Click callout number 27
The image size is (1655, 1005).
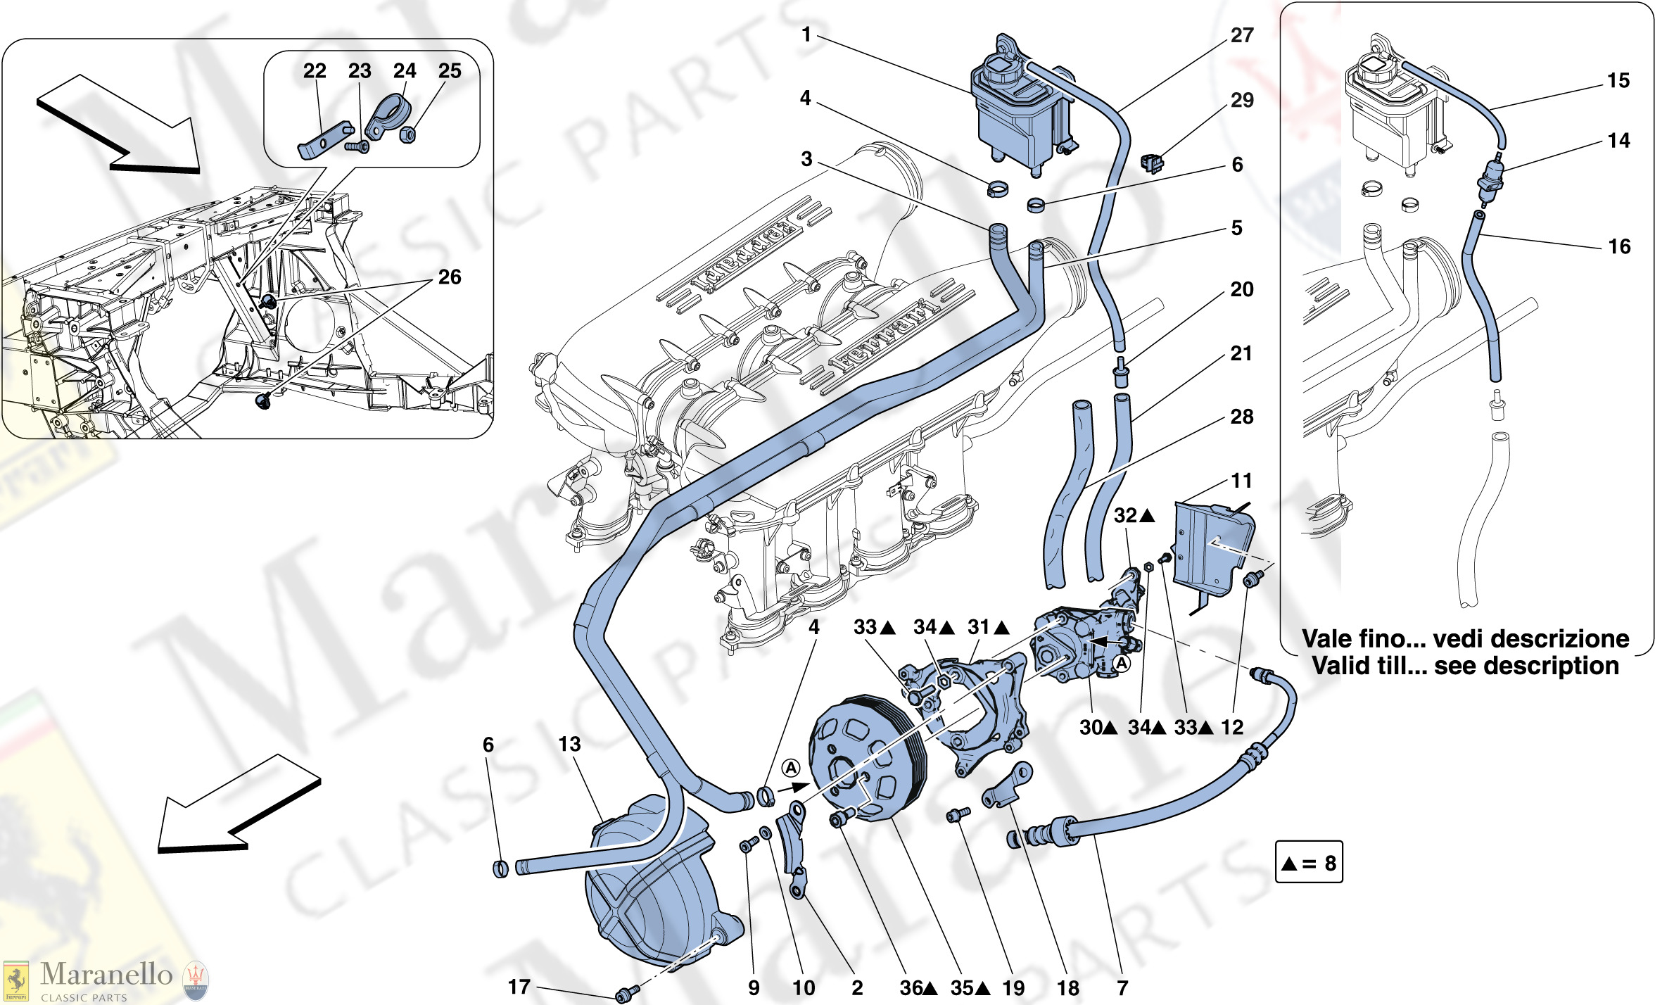point(1241,35)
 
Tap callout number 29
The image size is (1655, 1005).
point(1241,100)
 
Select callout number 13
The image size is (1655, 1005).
point(569,744)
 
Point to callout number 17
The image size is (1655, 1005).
point(519,987)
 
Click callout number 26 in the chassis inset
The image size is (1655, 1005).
point(450,277)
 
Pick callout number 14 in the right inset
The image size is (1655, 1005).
point(1618,141)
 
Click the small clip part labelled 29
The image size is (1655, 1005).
point(1151,163)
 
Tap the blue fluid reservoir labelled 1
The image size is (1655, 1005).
point(1020,113)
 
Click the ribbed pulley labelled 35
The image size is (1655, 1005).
point(865,760)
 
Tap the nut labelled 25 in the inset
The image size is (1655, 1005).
point(407,134)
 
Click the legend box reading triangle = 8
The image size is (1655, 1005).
point(1309,862)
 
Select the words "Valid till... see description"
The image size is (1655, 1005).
point(1465,666)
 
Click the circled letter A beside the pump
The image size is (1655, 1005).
point(1122,664)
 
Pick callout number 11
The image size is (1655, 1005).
point(1241,481)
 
